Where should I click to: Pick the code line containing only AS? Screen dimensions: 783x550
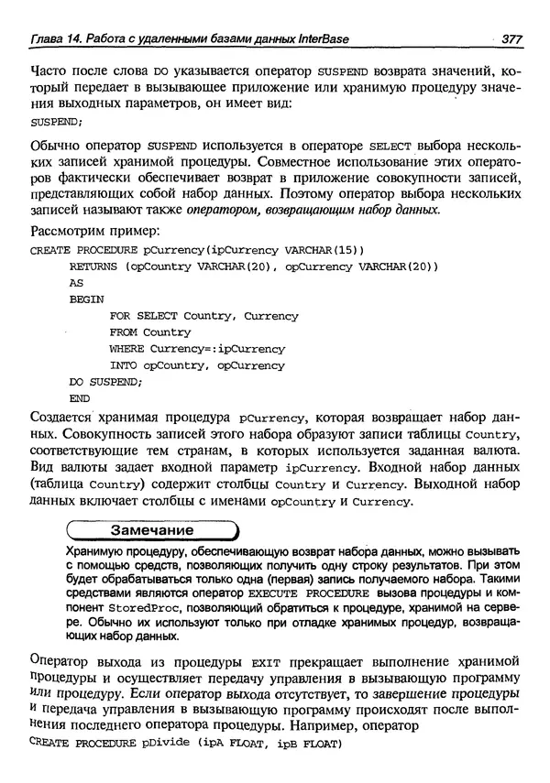[x=76, y=283]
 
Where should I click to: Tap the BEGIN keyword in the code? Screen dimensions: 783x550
[x=86, y=299]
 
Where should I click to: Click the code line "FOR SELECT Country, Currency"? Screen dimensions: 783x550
[x=203, y=316]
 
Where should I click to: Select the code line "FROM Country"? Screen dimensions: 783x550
[x=149, y=332]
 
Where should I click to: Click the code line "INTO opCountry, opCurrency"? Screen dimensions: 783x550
[x=197, y=365]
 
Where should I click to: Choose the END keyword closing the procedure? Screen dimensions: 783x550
[x=80, y=398]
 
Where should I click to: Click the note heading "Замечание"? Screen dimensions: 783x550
[x=151, y=530]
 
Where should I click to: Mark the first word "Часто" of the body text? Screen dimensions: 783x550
[x=50, y=71]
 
